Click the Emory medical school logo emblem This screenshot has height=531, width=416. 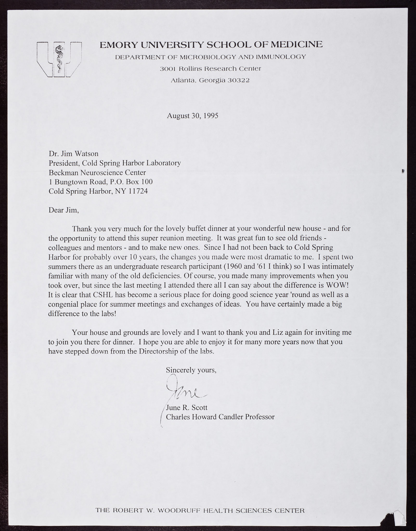pyautogui.click(x=59, y=60)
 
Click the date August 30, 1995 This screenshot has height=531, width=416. pyautogui.click(x=192, y=116)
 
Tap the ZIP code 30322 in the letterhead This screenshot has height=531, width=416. pyautogui.click(x=238, y=81)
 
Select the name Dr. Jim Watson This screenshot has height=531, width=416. pyautogui.click(x=74, y=154)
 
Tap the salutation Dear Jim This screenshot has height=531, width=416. pyautogui.click(x=64, y=210)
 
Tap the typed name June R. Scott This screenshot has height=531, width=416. pyautogui.click(x=187, y=407)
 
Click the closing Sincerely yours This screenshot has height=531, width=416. pyautogui.click(x=191, y=370)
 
